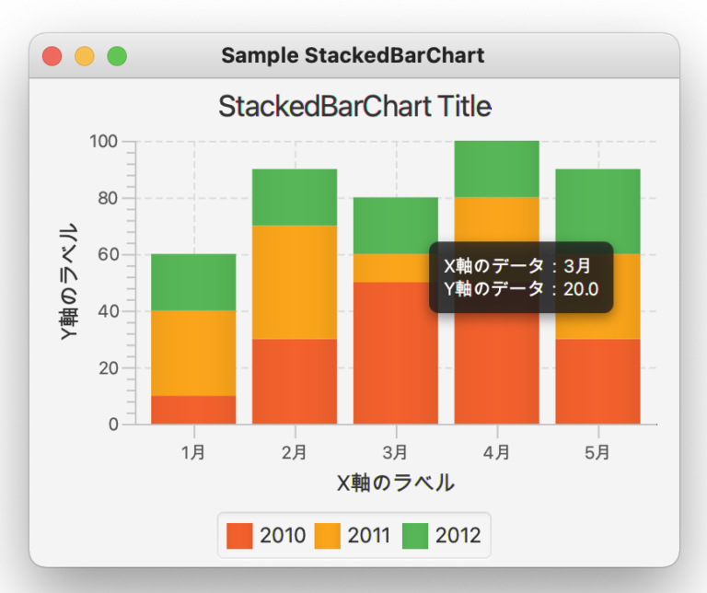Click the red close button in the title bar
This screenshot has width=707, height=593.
tap(52, 56)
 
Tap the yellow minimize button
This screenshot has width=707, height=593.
tap(85, 56)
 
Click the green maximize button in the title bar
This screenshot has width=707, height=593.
tap(117, 56)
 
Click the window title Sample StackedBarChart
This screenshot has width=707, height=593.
tap(353, 56)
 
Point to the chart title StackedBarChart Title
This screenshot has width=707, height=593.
tap(354, 107)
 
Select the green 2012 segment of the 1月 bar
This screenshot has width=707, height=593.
tap(193, 283)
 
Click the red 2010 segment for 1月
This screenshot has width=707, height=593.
tap(193, 410)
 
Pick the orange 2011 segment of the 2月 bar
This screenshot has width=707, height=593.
tap(295, 283)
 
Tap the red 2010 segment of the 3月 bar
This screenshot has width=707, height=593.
tap(396, 353)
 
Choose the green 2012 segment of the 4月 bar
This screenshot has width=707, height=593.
tap(496, 169)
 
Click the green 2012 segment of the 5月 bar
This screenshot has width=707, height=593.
tap(597, 212)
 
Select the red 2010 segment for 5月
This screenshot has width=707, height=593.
tap(597, 381)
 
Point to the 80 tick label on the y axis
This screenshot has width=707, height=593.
tap(108, 198)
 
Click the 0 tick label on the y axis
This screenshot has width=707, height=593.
tap(113, 424)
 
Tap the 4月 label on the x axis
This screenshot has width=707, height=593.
tap(496, 452)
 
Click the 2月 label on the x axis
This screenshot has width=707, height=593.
tap(295, 452)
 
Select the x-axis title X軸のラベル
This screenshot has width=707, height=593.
tap(396, 483)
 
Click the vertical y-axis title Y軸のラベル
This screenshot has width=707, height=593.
tap(69, 283)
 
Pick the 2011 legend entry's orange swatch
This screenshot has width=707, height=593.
tap(327, 536)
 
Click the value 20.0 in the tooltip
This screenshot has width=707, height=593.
tap(581, 289)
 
